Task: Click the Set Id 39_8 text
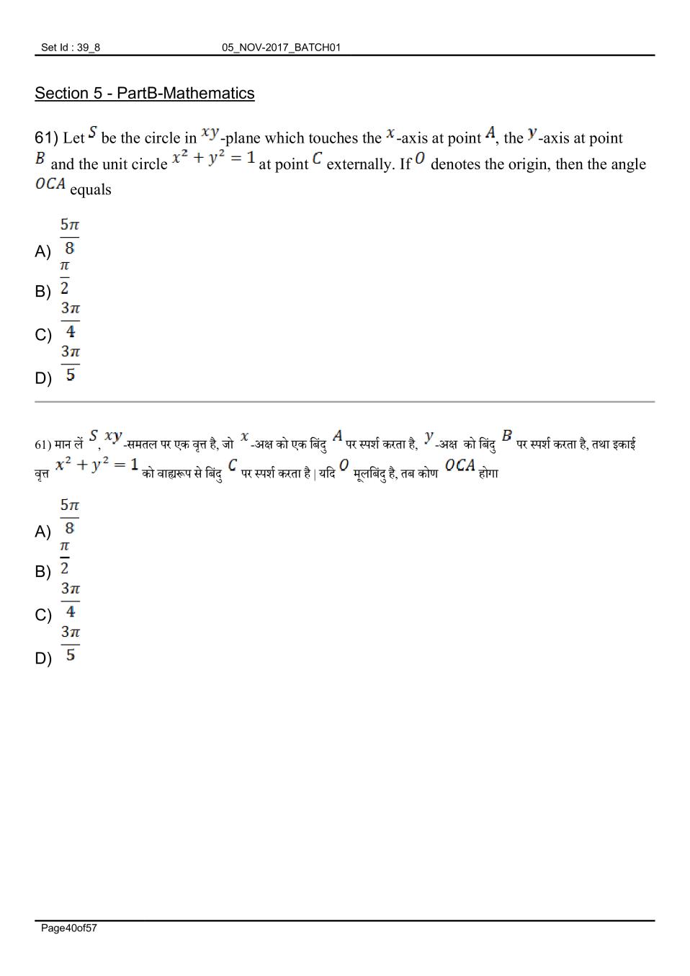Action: pos(71,48)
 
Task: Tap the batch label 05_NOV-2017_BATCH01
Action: pos(281,48)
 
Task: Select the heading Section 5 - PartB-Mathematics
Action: pos(144,94)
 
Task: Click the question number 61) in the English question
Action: pos(46,138)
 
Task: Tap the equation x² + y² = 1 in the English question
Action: pos(214,158)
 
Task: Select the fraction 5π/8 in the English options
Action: pos(69,236)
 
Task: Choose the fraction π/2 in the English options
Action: pos(65,277)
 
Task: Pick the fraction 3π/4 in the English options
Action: pos(70,321)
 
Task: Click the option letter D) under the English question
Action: pos(43,378)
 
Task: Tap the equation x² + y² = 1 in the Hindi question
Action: pos(97,465)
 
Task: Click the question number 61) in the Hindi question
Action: pos(43,444)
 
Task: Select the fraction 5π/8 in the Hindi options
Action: pos(69,516)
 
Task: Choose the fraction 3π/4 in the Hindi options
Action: pos(70,601)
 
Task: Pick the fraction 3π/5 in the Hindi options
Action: pos(70,644)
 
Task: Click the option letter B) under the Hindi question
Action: pos(43,572)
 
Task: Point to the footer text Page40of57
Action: pos(69,928)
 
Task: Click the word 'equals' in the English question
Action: pos(91,190)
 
